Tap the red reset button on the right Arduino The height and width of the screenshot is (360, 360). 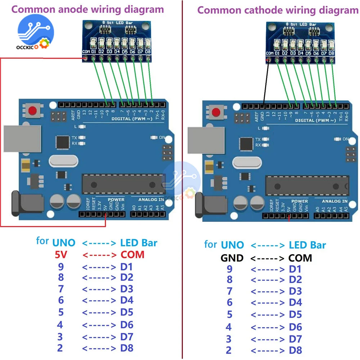(217, 112)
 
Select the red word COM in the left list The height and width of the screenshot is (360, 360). (132, 255)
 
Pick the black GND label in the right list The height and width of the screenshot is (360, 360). (232, 258)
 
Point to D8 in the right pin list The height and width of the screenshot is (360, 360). (295, 350)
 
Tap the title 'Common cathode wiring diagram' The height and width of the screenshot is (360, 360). (278, 10)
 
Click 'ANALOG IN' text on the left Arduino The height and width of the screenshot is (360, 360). (151, 199)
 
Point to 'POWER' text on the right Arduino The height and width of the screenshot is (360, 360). (300, 201)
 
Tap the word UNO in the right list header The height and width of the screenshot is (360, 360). (232, 246)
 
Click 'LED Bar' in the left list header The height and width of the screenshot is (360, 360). (139, 243)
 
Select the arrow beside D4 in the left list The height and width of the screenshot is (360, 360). (99, 300)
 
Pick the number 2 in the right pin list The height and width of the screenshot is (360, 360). (229, 350)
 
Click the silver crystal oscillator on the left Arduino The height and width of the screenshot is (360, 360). (63, 161)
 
